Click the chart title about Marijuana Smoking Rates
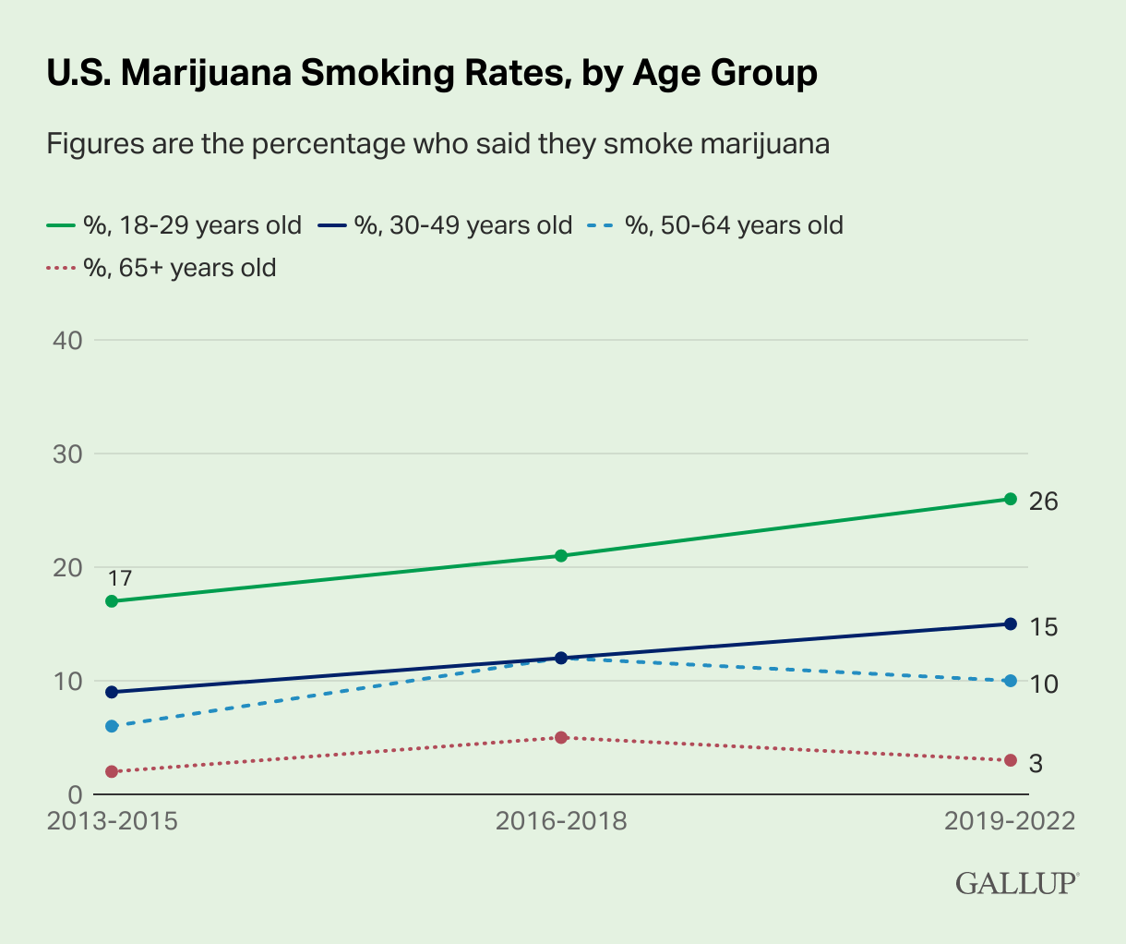432,73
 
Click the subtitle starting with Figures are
438,144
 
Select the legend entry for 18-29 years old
175,224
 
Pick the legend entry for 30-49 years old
445,224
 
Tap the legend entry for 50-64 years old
716,224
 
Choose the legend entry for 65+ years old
162,268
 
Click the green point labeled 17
113,601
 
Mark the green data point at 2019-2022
1010,499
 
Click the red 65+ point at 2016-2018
561,737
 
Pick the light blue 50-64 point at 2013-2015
113,726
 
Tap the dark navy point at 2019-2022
1010,623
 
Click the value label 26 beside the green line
1044,502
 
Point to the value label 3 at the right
1036,764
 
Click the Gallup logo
1016,882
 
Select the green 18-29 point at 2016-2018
561,555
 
